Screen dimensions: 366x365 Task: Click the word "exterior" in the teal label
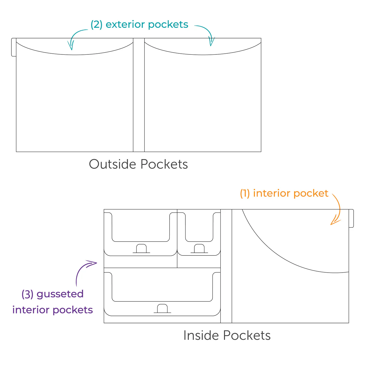[125, 25]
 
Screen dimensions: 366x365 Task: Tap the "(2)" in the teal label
[96, 25]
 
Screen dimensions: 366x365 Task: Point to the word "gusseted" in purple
[60, 294]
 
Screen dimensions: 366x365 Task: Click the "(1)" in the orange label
[245, 193]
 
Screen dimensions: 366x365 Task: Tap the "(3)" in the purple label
[27, 294]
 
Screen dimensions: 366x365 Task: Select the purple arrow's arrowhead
[92, 263]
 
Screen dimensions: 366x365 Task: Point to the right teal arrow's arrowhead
[211, 42]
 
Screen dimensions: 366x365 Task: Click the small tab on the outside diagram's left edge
[14, 47]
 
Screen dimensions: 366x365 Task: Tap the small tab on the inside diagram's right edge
[351, 218]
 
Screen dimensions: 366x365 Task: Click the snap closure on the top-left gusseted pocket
[141, 249]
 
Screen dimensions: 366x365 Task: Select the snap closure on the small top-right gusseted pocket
[199, 249]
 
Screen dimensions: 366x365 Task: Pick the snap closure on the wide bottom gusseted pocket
[162, 309]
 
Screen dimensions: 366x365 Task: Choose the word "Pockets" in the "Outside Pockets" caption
[164, 164]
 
